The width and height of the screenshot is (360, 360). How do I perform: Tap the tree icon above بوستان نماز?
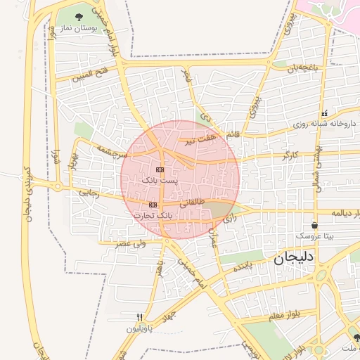(77, 15)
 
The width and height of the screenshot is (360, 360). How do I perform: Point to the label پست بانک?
(160, 181)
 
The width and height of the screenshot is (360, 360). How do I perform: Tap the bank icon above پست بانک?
(160, 170)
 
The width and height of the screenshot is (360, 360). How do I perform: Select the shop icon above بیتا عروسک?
(314, 226)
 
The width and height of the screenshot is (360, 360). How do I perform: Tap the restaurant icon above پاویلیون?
(139, 318)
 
